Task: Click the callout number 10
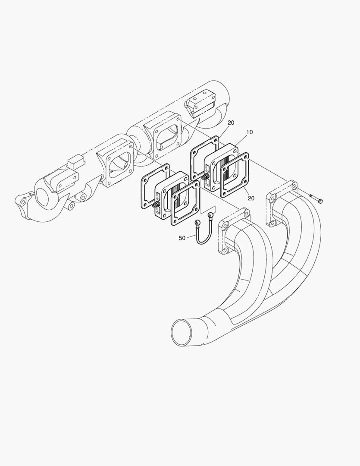tap(250, 132)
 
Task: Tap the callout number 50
tap(182, 238)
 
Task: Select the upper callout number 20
tap(231, 123)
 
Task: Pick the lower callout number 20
tap(251, 198)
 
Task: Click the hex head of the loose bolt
tap(320, 202)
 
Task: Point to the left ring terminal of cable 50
tap(197, 222)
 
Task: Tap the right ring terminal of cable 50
tap(210, 214)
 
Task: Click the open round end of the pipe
tap(182, 332)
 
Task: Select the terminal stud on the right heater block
tap(204, 177)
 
